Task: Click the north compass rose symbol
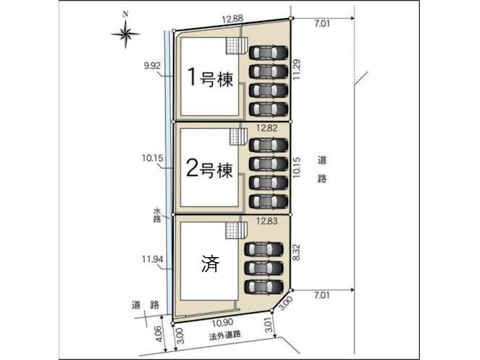125,34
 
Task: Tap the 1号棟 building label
210,78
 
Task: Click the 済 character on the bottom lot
210,264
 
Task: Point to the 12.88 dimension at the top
232,19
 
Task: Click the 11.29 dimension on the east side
297,70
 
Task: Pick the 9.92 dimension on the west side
152,66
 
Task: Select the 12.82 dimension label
267,127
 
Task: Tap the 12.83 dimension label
267,221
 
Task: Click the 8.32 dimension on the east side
296,252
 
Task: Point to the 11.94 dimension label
153,259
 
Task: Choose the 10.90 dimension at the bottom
223,322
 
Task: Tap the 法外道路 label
225,335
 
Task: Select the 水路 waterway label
157,215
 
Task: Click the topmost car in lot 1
269,52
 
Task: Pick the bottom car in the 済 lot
264,286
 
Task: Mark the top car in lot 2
269,145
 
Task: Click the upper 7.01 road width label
322,24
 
